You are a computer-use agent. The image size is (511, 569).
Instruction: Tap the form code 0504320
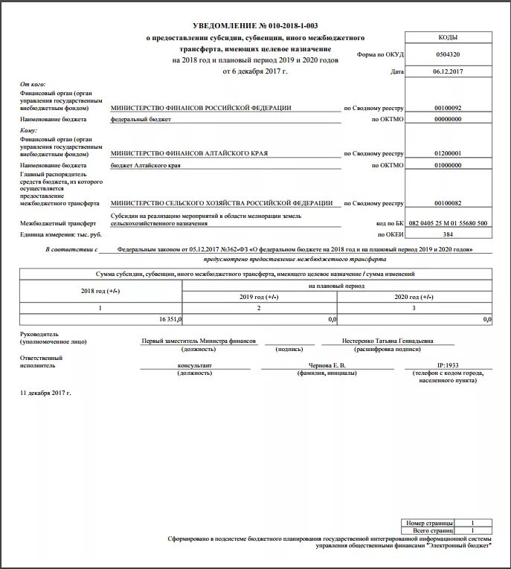(448, 54)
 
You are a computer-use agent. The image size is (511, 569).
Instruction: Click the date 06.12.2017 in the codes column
(448, 72)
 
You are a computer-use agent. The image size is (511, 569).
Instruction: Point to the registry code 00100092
(448, 108)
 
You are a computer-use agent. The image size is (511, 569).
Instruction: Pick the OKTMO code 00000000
(448, 119)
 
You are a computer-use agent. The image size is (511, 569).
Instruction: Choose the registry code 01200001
(448, 153)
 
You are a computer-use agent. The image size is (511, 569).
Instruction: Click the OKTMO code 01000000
(448, 165)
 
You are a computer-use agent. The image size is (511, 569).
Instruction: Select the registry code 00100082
(448, 202)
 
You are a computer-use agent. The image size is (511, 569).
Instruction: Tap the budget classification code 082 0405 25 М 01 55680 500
(448, 223)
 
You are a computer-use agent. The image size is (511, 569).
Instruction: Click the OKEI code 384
(448, 234)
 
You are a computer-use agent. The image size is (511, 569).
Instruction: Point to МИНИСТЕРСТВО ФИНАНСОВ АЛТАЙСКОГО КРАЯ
(188, 153)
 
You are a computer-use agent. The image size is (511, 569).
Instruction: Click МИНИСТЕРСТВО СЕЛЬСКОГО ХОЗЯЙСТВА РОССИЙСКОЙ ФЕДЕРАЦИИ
(221, 202)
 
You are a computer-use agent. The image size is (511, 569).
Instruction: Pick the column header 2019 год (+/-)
(259, 296)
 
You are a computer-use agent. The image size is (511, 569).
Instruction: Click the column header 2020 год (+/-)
(414, 296)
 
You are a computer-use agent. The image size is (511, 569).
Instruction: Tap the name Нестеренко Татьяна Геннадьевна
(388, 341)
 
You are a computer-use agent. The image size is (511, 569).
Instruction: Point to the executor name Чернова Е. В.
(327, 366)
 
